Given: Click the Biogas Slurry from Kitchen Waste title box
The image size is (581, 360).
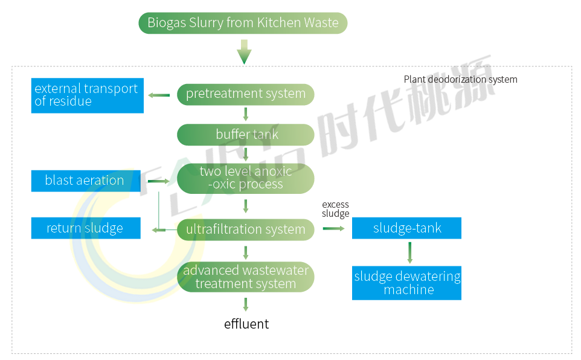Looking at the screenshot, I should point(243,24).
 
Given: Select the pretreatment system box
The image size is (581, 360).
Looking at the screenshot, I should point(245,94).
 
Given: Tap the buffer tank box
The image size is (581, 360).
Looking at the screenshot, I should point(245,135).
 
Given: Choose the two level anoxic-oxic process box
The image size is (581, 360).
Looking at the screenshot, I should point(245,178).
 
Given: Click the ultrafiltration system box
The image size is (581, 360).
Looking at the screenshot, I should point(245,230).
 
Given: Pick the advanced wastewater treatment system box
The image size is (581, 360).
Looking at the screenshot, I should point(245,277).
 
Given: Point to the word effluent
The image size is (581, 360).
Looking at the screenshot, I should point(246,324).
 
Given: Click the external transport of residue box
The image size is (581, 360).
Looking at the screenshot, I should point(87,95).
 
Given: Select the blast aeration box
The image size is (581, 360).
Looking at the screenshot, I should point(85,181).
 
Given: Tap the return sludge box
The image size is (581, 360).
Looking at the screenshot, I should point(85,228).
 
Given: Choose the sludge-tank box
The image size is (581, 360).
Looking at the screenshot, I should point(406,228).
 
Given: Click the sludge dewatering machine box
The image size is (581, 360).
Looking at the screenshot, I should point(406,283).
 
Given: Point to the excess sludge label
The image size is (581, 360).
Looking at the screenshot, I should point(335,209).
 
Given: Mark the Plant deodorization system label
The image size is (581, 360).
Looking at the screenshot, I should point(460,79).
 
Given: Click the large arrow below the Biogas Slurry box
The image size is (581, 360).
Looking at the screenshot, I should point(243,52).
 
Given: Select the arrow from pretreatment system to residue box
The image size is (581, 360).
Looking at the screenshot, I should point(159,95).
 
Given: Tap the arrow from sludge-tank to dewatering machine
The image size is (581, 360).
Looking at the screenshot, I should point(409,252).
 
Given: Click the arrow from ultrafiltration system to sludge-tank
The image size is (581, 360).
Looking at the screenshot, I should point(333,228).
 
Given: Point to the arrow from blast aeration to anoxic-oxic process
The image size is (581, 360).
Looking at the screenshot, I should point(158,181).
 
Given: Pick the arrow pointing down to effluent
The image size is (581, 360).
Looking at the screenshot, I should point(245,304).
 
